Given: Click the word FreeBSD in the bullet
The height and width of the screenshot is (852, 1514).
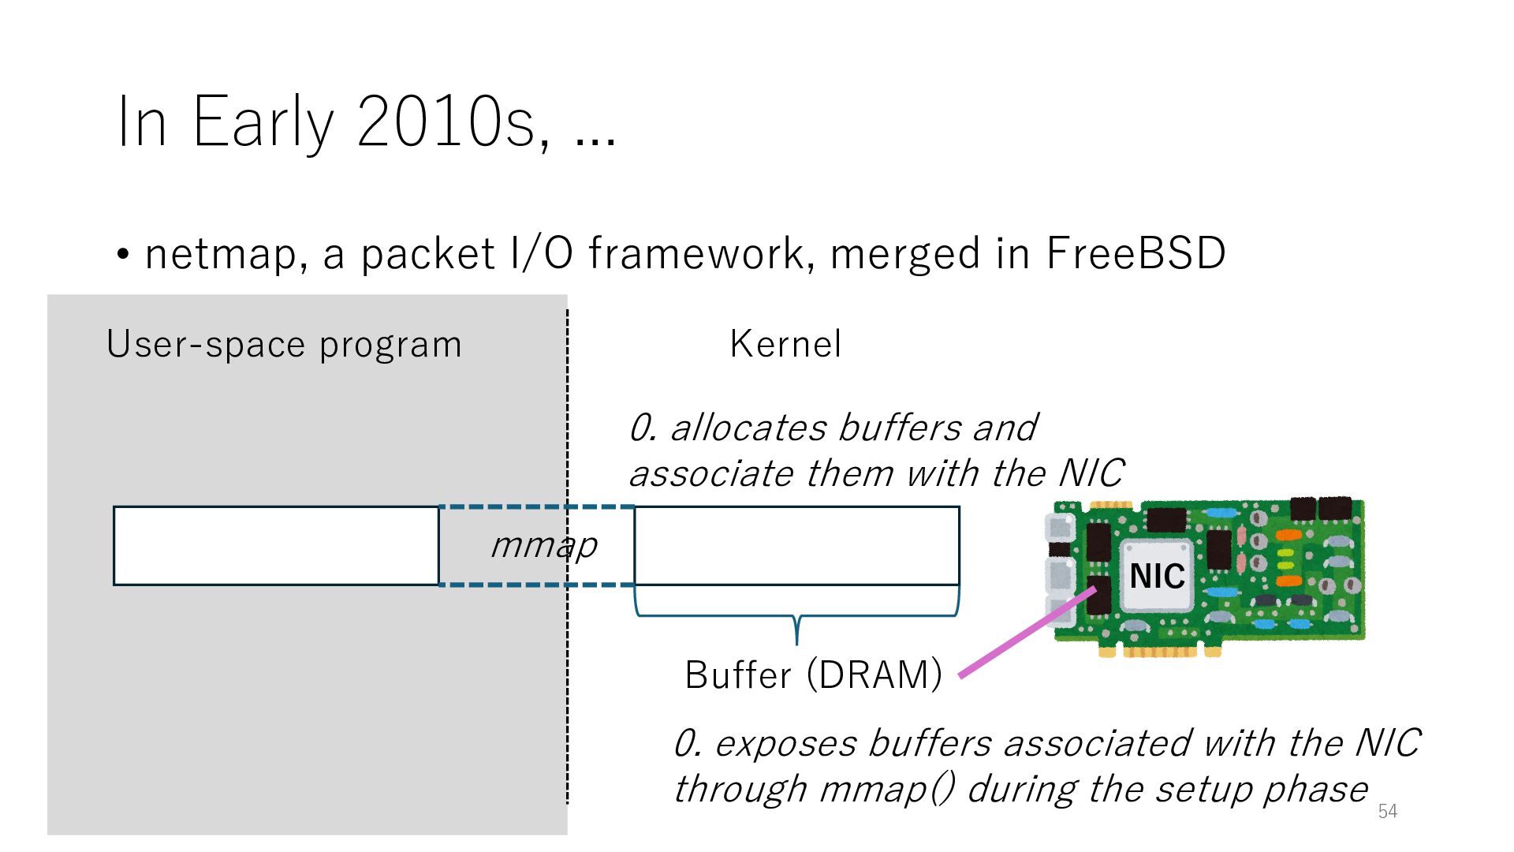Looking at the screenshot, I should click(x=1135, y=254).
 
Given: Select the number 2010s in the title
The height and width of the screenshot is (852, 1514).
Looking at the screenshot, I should click(x=445, y=123).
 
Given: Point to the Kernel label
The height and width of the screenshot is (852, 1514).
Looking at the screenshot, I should click(x=785, y=344).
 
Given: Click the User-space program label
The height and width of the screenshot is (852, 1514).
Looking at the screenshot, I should click(x=284, y=345).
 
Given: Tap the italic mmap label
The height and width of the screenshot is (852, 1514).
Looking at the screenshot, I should click(x=544, y=545).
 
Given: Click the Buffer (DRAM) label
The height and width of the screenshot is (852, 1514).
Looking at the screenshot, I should click(x=813, y=674).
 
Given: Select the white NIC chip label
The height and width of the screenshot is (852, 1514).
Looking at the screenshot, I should click(x=1157, y=576).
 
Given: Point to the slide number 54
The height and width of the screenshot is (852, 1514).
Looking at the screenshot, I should click(x=1388, y=811).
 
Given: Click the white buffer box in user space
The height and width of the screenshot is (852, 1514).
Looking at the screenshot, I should click(x=276, y=546).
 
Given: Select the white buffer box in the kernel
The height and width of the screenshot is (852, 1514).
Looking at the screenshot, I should click(x=796, y=546).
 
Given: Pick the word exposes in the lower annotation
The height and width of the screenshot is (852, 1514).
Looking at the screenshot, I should click(x=785, y=744).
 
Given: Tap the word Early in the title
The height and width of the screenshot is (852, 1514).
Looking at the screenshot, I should click(x=263, y=123).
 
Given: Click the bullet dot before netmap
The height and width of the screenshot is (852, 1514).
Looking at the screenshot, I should click(x=122, y=255).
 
